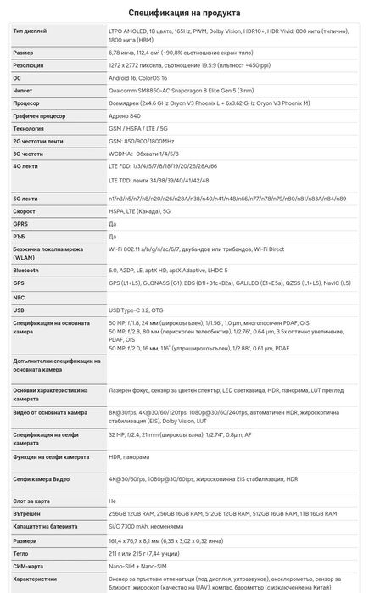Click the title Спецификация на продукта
[x=184, y=13]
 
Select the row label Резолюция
[x=31, y=64]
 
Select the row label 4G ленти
[x=27, y=167]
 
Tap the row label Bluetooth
[x=26, y=269]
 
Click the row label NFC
[x=20, y=298]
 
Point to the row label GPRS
[x=22, y=224]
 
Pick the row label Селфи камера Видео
[x=47, y=479]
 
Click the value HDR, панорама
[x=130, y=457]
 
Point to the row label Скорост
[x=26, y=211]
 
